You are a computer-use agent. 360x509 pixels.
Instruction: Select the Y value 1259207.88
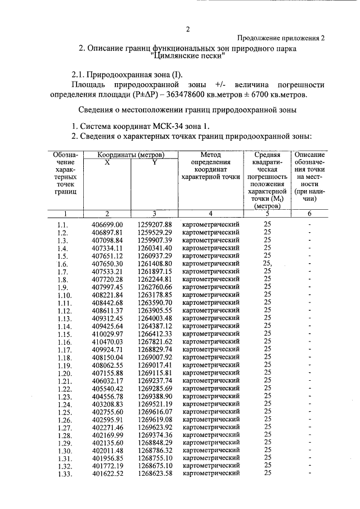click(x=154, y=224)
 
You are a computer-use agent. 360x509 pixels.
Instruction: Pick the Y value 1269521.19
click(x=154, y=403)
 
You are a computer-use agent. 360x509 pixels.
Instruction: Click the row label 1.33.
click(x=64, y=474)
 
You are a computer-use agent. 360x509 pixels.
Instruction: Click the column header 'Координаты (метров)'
click(x=130, y=155)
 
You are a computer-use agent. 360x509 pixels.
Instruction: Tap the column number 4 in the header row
click(x=210, y=213)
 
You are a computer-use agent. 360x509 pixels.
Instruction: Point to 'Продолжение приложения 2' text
click(x=281, y=38)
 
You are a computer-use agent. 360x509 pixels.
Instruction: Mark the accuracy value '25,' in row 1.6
click(x=267, y=263)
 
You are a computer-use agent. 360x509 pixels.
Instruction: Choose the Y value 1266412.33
click(x=154, y=334)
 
